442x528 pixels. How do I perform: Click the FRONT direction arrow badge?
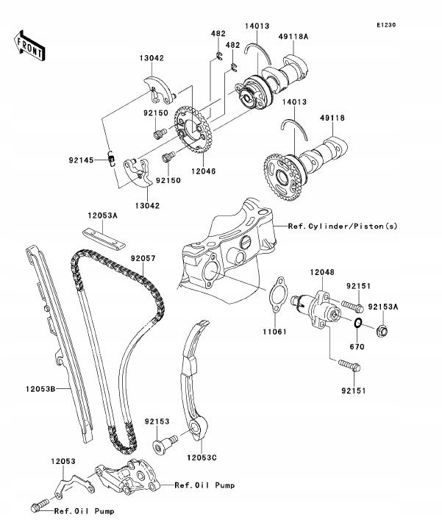tap(29, 46)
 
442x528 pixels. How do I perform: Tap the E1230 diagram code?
tap(387, 25)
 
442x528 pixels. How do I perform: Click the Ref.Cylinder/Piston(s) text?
tap(343, 226)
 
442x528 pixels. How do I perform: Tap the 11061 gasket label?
tap(274, 332)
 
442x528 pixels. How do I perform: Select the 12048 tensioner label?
tap(321, 272)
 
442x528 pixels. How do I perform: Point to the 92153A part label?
tap(403, 307)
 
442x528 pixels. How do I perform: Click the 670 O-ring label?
tap(357, 345)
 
